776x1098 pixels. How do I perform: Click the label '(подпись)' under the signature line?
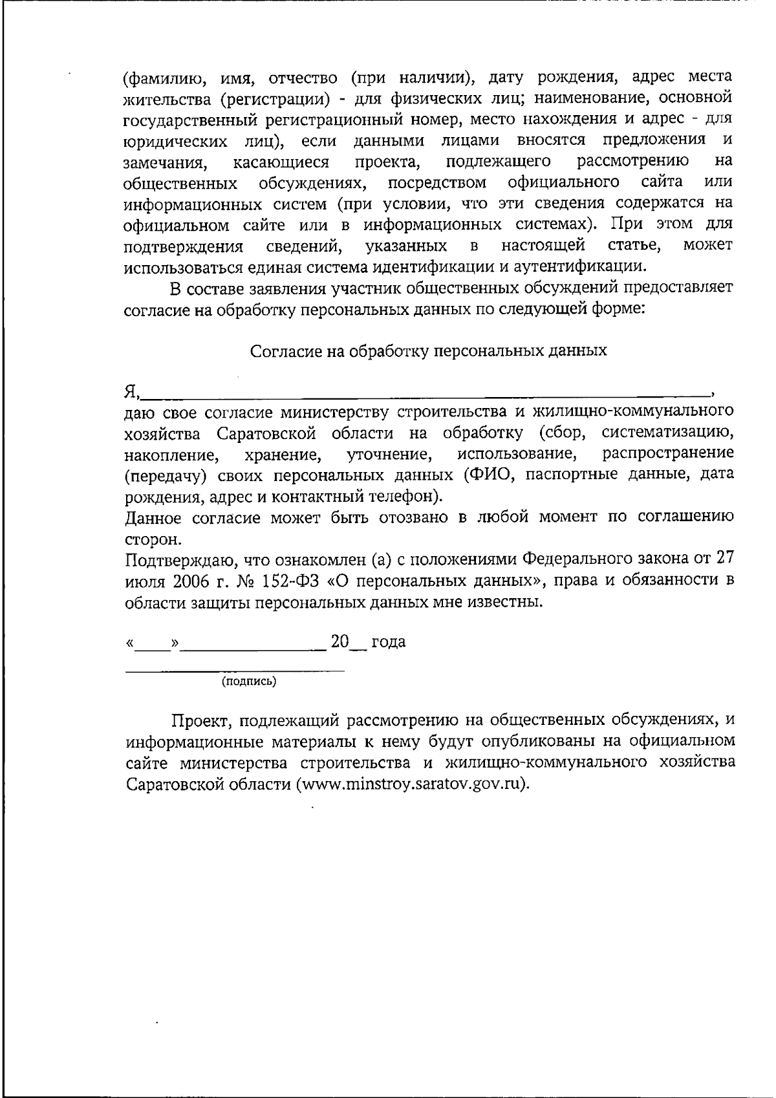[x=249, y=681]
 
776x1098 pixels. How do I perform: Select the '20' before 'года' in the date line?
[x=339, y=641]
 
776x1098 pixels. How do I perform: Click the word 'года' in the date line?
[x=389, y=642]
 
